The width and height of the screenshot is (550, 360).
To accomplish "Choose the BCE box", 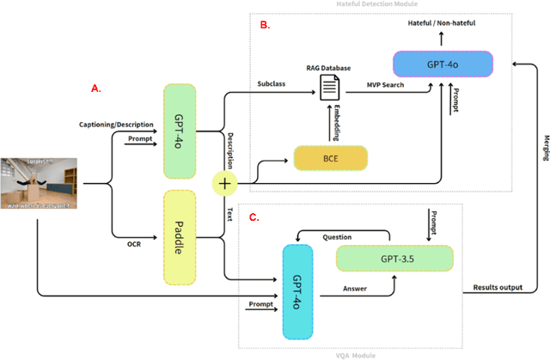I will pyautogui.click(x=330, y=158).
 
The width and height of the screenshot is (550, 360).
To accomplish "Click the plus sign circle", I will pyautogui.click(x=225, y=182).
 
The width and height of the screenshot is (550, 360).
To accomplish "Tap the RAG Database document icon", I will pyautogui.click(x=329, y=88).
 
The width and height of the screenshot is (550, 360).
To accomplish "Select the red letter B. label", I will pyautogui.click(x=265, y=26).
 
